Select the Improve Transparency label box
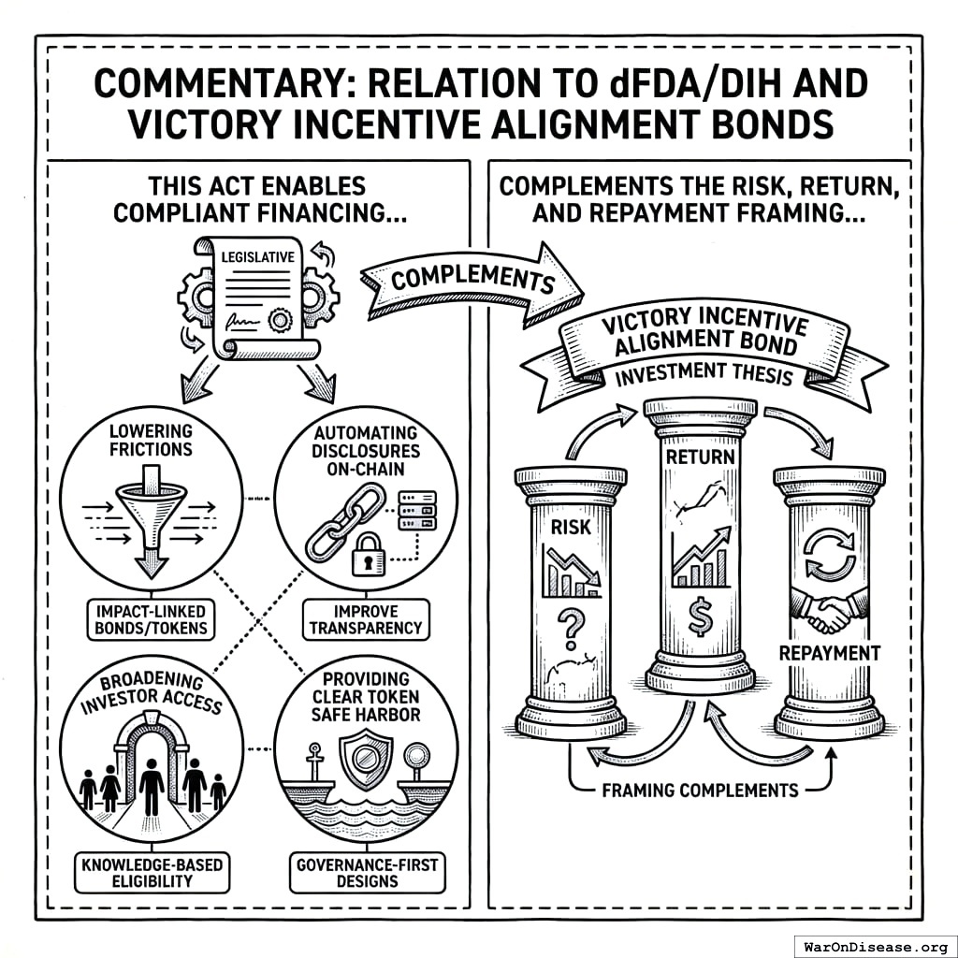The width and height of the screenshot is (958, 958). coord(365,619)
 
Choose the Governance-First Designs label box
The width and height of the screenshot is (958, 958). coord(365,874)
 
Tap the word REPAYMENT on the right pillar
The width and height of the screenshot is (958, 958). coord(828,652)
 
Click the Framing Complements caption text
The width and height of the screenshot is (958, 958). coord(700,791)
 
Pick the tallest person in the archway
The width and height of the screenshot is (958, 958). coord(152,786)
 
